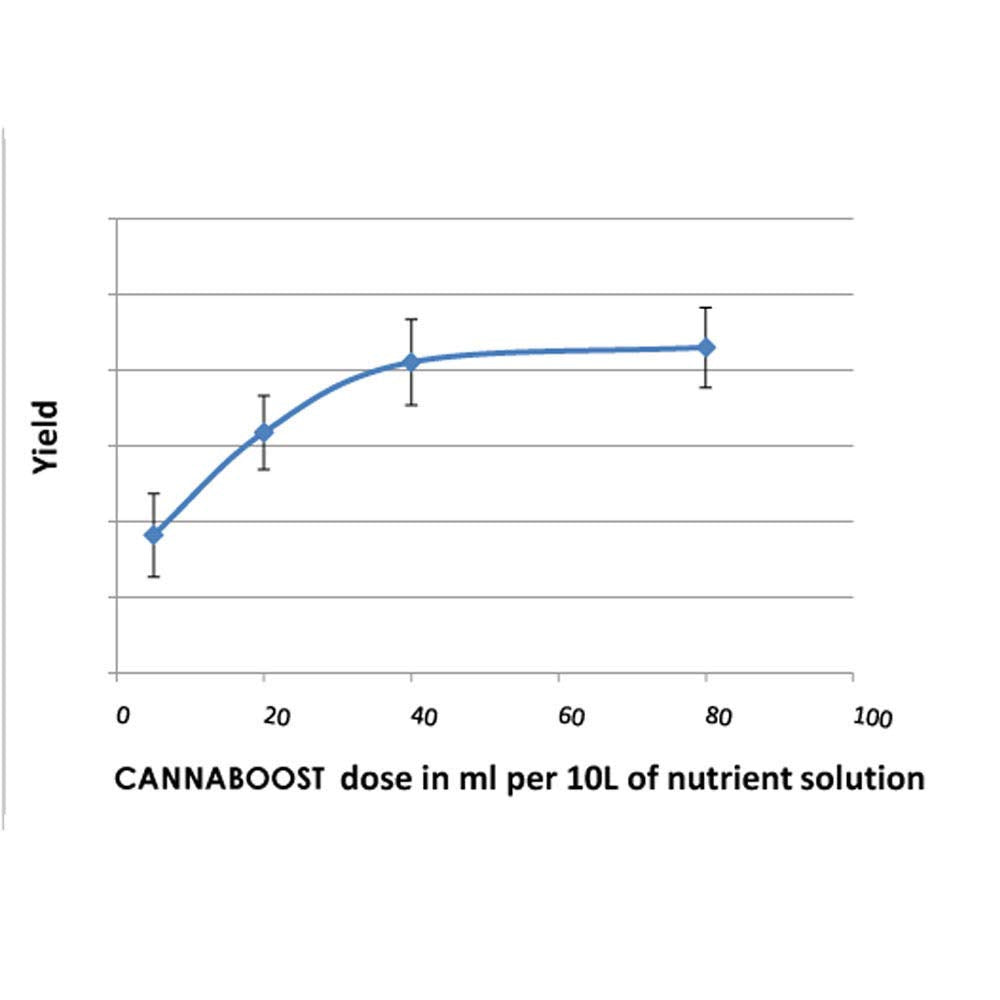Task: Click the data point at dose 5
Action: [x=154, y=535]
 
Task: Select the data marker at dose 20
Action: [x=264, y=432]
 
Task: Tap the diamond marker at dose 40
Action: [x=411, y=362]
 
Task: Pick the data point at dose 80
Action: [x=706, y=347]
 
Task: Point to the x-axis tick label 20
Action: [x=276, y=717]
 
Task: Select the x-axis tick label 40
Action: [x=424, y=717]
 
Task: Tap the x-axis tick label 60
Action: [x=570, y=717]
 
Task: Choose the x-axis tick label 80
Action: [x=719, y=717]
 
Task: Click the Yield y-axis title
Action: [x=47, y=437]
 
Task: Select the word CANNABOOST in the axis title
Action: [x=220, y=779]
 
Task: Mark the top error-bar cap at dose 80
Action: [x=706, y=308]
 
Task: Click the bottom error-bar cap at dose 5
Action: [x=154, y=577]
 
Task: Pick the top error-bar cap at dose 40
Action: [x=411, y=319]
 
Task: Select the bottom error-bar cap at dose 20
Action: [x=264, y=470]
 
